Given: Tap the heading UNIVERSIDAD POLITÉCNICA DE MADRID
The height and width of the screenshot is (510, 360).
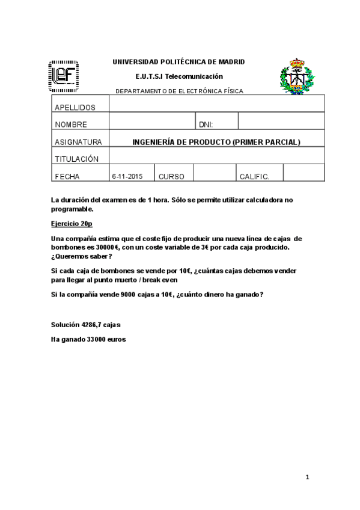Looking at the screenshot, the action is (178, 62).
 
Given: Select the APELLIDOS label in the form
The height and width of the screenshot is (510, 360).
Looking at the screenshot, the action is (75, 108).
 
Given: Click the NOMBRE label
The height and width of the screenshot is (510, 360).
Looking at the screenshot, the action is (71, 125).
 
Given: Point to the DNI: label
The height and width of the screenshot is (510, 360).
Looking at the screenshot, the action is (206, 125).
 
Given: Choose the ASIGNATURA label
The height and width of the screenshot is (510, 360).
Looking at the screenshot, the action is (78, 143).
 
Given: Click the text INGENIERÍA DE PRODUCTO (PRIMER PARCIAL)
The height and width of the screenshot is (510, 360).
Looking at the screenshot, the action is (216, 143).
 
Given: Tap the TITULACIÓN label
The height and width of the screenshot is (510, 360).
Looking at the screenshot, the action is (76, 159).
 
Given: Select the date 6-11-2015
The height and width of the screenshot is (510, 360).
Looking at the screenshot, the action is (127, 177).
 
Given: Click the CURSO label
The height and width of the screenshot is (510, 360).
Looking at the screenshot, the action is (171, 177).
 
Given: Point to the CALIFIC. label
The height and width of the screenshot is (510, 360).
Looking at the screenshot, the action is (254, 177).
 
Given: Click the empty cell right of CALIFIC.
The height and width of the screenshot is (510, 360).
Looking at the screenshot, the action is (304, 173).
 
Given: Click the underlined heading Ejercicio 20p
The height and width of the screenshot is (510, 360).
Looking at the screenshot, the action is (72, 223).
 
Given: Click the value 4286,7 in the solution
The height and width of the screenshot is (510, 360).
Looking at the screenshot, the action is (92, 325).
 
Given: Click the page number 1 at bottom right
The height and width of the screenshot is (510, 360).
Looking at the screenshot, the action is (307, 477).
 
